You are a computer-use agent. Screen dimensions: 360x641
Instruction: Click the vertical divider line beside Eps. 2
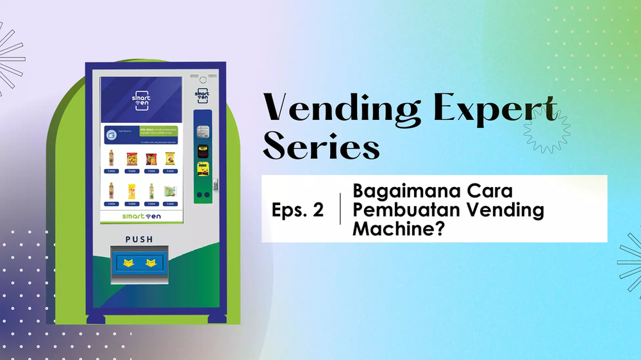click(x=340, y=208)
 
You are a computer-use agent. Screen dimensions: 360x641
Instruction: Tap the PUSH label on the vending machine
click(x=140, y=240)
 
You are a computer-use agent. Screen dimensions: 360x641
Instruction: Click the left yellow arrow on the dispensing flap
click(x=128, y=263)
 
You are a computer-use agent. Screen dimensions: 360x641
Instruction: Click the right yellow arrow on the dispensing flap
click(x=152, y=263)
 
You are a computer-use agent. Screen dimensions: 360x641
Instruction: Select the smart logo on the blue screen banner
click(x=141, y=101)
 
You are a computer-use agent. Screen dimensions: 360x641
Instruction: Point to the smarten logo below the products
click(x=141, y=217)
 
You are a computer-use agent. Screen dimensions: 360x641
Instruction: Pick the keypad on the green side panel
click(x=203, y=132)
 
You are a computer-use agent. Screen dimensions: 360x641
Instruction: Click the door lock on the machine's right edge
click(x=215, y=184)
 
